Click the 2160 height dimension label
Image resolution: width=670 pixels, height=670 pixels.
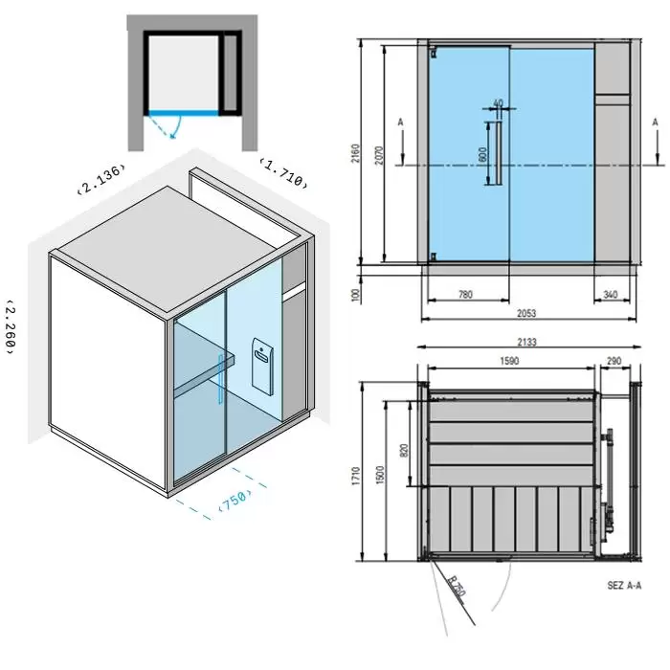pyautogui.click(x=355, y=153)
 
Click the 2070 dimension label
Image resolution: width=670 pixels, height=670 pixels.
pyautogui.click(x=379, y=155)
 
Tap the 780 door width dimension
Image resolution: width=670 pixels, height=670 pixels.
pyautogui.click(x=465, y=294)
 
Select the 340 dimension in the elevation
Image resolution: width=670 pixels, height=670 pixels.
pyautogui.click(x=611, y=294)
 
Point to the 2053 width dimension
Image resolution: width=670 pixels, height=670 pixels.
pyautogui.click(x=526, y=313)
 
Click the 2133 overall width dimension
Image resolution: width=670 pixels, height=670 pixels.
pyautogui.click(x=526, y=342)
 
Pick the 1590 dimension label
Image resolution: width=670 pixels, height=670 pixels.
pyautogui.click(x=509, y=361)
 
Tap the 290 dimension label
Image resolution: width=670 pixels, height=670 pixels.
pyautogui.click(x=614, y=361)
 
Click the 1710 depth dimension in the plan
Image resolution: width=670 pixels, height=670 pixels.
pyautogui.click(x=355, y=476)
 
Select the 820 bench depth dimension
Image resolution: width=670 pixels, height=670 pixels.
pyautogui.click(x=404, y=451)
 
